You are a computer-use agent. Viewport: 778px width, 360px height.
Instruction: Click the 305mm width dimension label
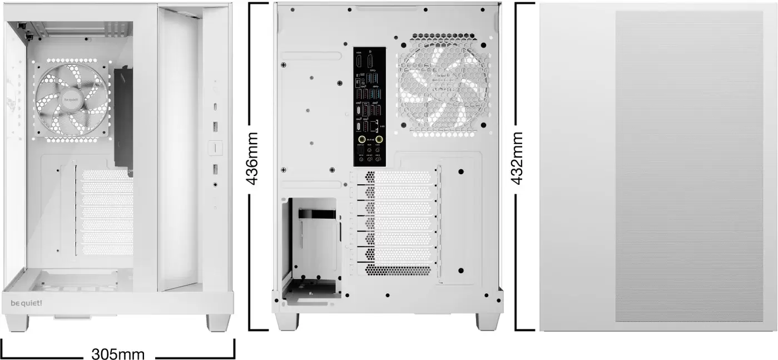(x=118, y=353)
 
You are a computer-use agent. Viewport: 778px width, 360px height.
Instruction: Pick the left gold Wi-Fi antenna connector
(x=362, y=139)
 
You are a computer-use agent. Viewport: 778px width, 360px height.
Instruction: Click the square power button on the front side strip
(x=215, y=147)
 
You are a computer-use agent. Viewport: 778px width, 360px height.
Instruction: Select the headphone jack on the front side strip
(x=215, y=184)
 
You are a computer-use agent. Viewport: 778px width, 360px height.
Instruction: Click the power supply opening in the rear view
(x=311, y=242)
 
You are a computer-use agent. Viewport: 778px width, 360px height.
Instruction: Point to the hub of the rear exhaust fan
(x=443, y=85)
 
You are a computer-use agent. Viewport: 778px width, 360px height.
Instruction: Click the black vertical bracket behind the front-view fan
(x=123, y=120)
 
